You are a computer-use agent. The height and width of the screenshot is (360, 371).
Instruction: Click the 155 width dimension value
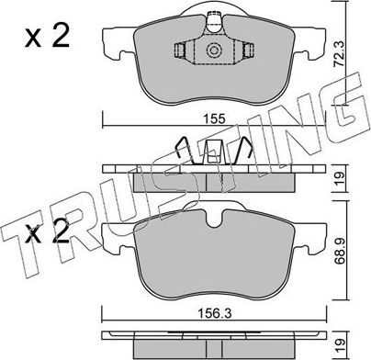pyautogui.click(x=215, y=118)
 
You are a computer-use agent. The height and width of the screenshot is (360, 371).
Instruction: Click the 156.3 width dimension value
pyautogui.click(x=215, y=314)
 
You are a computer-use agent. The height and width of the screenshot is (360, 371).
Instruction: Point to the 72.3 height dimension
pyautogui.click(x=339, y=54)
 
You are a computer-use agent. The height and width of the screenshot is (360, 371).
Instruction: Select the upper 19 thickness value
pyautogui.click(x=340, y=178)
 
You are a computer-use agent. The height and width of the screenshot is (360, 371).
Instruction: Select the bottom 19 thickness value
pyautogui.click(x=340, y=345)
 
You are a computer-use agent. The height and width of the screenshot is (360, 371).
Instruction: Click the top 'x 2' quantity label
pyautogui.click(x=47, y=37)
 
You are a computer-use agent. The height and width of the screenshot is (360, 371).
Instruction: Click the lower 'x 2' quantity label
pyautogui.click(x=47, y=231)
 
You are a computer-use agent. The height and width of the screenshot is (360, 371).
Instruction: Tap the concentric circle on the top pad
pyautogui.click(x=214, y=51)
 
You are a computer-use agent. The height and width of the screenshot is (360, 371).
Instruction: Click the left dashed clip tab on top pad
pyautogui.click(x=179, y=50)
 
